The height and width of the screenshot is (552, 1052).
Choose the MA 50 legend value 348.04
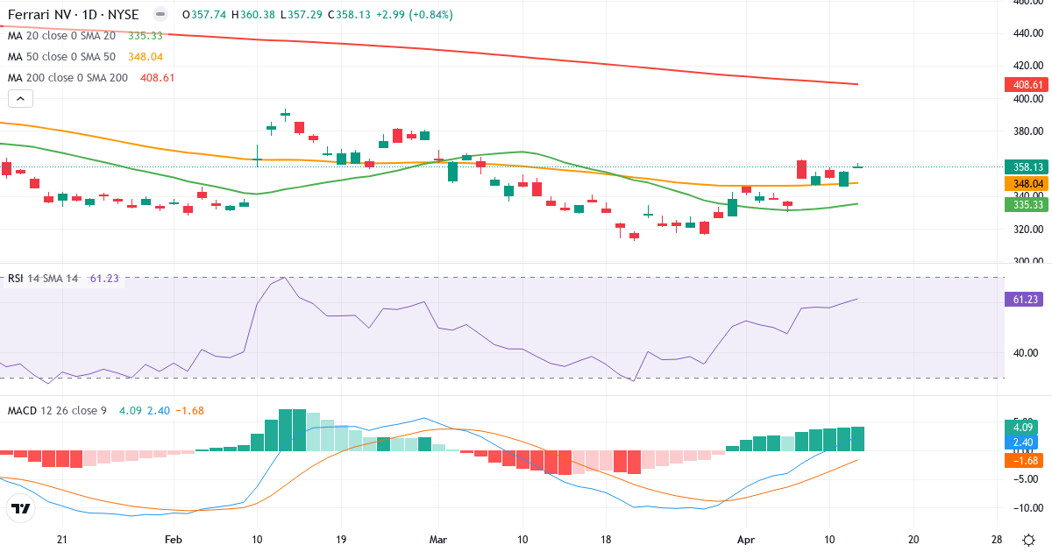tap(146, 56)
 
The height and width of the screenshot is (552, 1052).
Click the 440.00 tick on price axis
tap(1026, 33)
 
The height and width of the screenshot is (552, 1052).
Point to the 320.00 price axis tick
tap(1026, 230)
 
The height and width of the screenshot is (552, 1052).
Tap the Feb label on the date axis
tap(173, 539)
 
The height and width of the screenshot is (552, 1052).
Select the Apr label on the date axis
tap(746, 539)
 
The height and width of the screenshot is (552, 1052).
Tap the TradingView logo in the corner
tap(21, 508)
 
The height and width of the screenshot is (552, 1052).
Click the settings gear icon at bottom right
tap(1027, 539)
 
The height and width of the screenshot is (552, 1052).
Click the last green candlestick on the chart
tap(858, 166)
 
